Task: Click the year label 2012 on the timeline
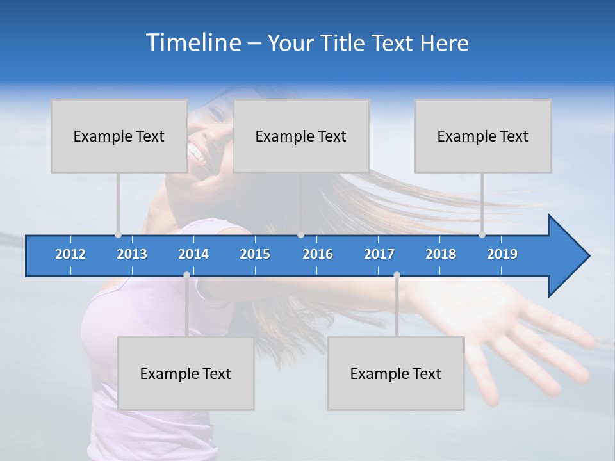(70, 254)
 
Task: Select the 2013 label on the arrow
(132, 254)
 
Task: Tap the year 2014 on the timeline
(193, 254)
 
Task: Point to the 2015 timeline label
(255, 254)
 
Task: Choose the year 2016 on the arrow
(318, 254)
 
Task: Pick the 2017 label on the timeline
(379, 254)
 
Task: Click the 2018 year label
(441, 254)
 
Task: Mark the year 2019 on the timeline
(502, 254)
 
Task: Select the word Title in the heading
(345, 44)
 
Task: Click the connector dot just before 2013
(119, 235)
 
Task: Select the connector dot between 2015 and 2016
(300, 235)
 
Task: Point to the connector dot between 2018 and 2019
(482, 235)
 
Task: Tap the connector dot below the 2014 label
(186, 275)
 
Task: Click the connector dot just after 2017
(397, 275)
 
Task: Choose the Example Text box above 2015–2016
(301, 136)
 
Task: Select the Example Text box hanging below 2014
(186, 373)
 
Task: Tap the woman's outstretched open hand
(506, 333)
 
